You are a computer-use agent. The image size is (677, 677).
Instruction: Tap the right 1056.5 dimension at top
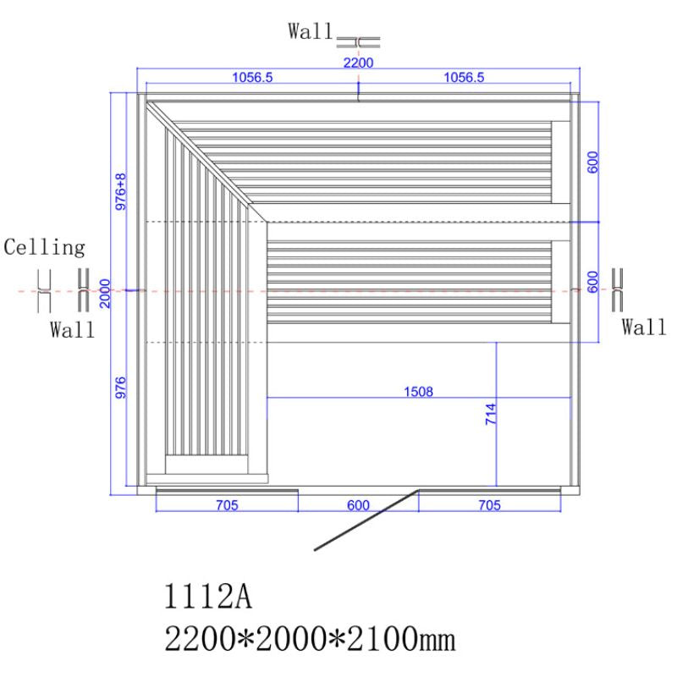(463, 78)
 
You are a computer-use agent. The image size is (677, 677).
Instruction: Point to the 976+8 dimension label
(121, 192)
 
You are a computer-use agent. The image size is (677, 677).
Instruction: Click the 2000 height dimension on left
(105, 291)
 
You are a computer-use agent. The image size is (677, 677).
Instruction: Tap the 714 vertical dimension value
(490, 416)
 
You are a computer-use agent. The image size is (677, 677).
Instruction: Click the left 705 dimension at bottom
(227, 505)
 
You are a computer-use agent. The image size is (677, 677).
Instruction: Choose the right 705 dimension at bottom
(488, 505)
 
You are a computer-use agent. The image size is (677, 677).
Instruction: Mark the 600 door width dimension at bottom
(358, 505)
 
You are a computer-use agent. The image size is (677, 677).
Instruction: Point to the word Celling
(45, 248)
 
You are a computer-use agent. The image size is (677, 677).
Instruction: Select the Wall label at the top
(311, 32)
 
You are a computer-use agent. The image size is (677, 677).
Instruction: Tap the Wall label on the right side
(644, 327)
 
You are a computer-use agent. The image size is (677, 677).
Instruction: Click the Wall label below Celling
(71, 330)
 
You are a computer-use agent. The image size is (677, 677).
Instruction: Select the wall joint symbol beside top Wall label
(358, 41)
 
